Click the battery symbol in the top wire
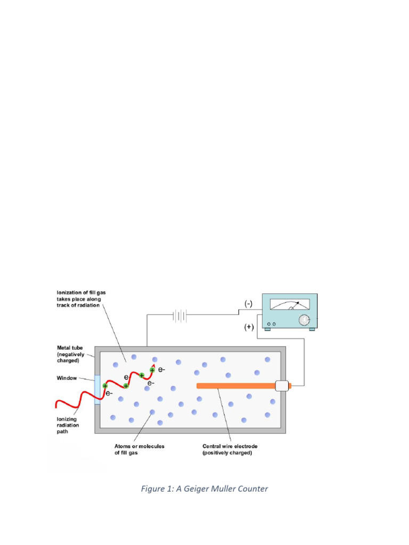(x=179, y=316)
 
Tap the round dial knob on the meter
(x=304, y=320)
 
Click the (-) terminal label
(x=249, y=304)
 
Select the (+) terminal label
(x=249, y=327)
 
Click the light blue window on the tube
(x=97, y=389)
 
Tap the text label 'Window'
(x=67, y=378)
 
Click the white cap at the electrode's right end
(x=282, y=386)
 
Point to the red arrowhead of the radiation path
(x=154, y=366)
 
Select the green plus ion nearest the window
(x=105, y=386)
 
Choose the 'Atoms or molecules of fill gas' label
(x=140, y=450)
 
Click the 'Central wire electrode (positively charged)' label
(x=227, y=450)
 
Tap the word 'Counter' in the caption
(x=251, y=489)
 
